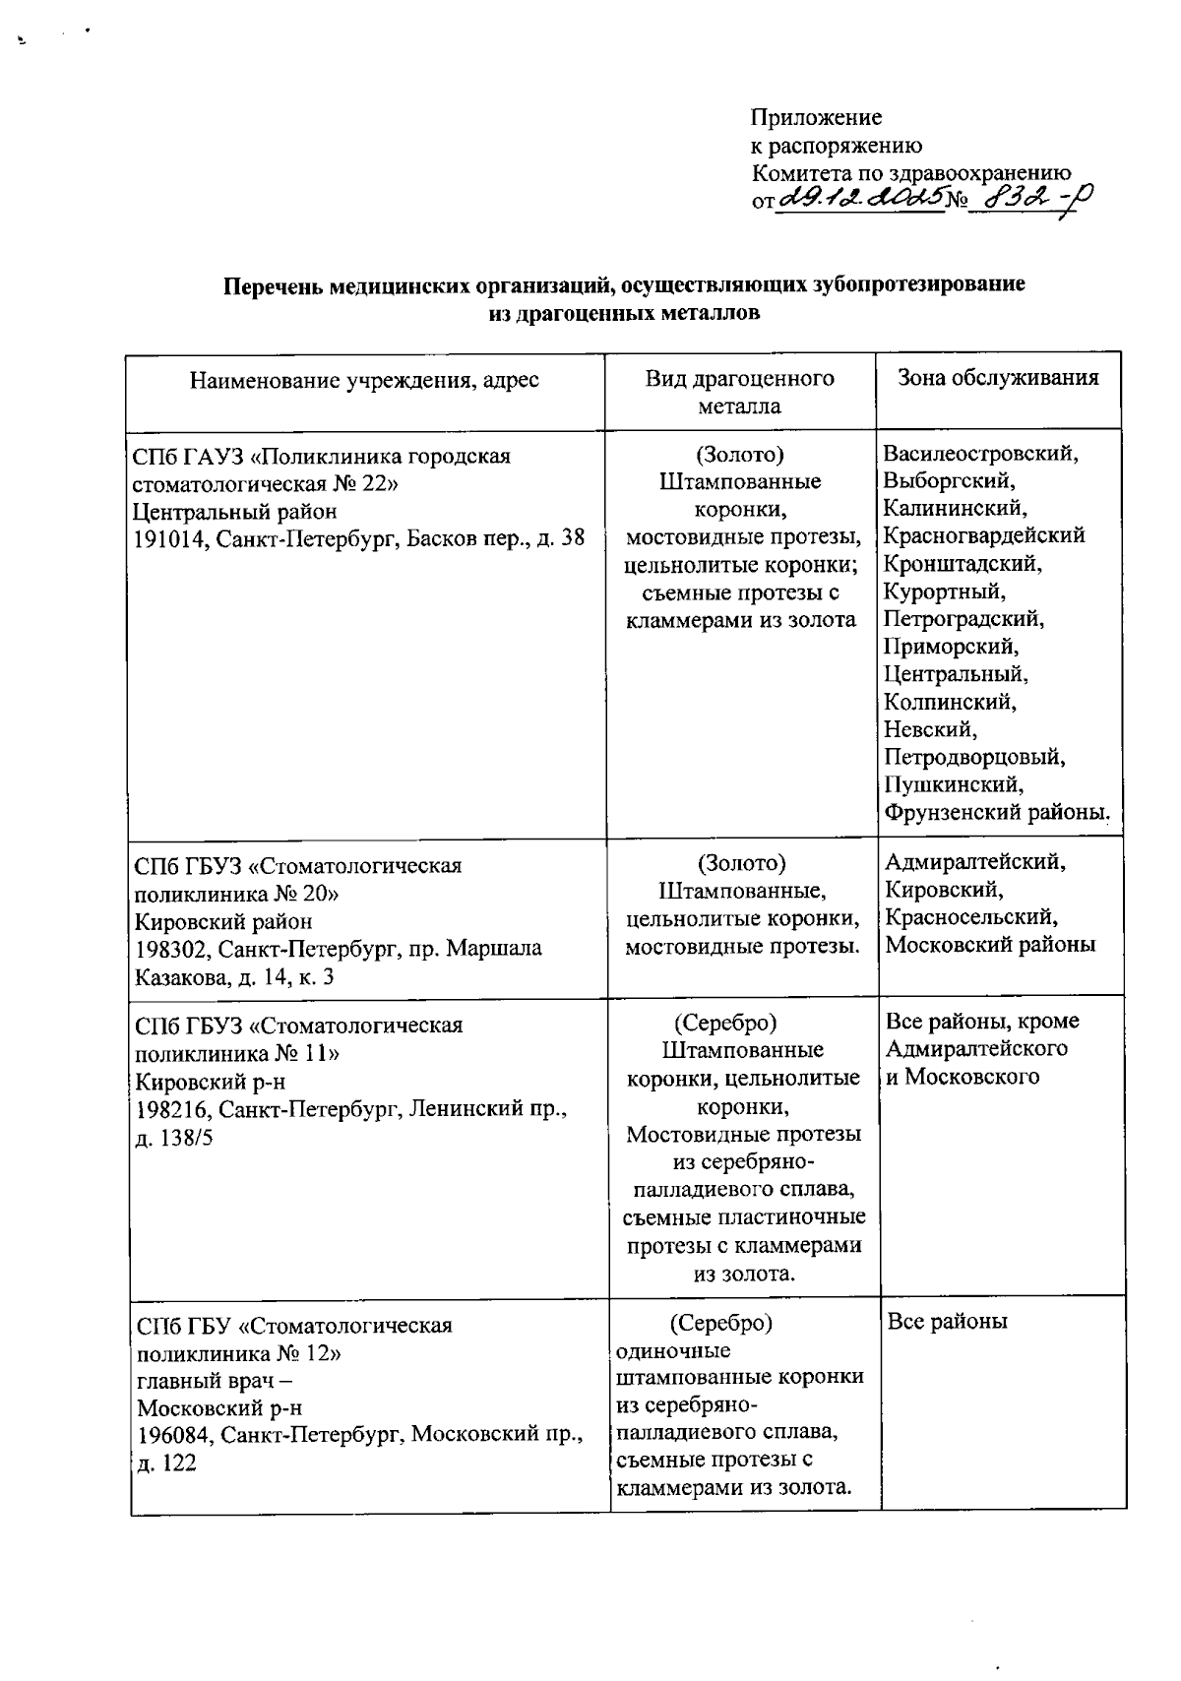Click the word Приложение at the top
(x=816, y=118)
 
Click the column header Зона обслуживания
(x=998, y=377)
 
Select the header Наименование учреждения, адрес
(x=364, y=380)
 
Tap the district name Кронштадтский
(x=963, y=564)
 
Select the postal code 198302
(x=171, y=950)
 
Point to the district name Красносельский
(x=971, y=917)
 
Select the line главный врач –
(x=208, y=1380)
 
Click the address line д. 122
(x=166, y=1463)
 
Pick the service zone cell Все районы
(x=947, y=1322)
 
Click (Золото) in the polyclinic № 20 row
(x=741, y=864)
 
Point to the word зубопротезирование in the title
(x=918, y=285)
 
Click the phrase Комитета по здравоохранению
(x=910, y=174)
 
